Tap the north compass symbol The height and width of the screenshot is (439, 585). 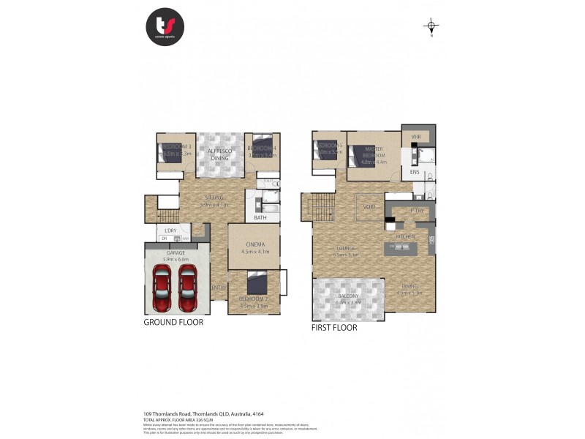431,27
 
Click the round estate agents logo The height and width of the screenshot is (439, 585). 165,27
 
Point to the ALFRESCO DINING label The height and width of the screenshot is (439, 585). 220,154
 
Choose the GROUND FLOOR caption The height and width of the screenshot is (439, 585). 173,322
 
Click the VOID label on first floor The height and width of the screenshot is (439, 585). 369,207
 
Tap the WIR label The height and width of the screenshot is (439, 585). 415,137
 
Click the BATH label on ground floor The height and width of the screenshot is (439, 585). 260,217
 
